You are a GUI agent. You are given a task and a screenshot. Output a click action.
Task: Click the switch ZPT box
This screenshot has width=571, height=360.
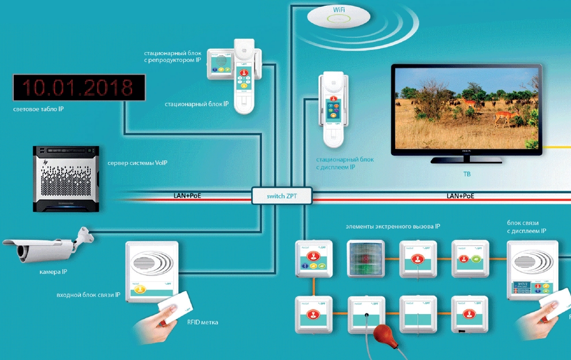(x=281, y=196)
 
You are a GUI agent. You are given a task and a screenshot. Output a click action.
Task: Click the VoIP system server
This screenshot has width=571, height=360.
(x=65, y=176)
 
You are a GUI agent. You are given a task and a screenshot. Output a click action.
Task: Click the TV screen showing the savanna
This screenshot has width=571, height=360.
(x=466, y=109)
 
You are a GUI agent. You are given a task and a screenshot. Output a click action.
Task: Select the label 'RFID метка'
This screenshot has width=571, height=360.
(x=202, y=323)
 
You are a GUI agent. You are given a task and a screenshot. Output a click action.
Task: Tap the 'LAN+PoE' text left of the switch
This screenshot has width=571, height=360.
(x=187, y=196)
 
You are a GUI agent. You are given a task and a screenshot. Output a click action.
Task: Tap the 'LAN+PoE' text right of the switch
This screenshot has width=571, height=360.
(x=460, y=196)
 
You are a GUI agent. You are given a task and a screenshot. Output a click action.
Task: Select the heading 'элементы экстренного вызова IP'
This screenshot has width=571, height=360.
(x=393, y=227)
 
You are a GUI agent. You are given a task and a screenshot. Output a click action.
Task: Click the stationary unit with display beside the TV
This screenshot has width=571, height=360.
(x=331, y=108)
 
